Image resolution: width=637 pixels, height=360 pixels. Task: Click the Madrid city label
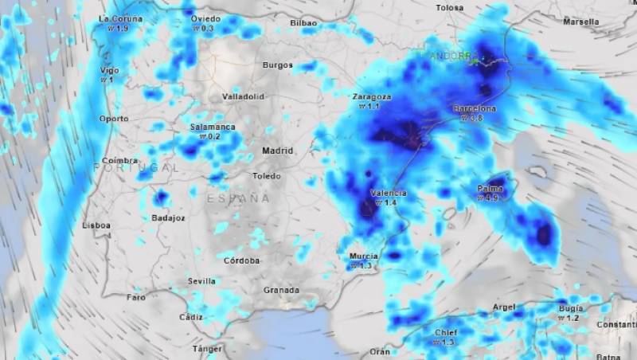click(x=278, y=151)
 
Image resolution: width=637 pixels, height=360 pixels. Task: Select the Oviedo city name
click(x=205, y=18)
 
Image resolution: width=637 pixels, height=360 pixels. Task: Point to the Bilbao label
click(x=303, y=23)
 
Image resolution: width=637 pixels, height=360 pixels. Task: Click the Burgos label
click(x=278, y=65)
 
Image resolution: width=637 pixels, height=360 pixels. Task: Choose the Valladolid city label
click(x=243, y=96)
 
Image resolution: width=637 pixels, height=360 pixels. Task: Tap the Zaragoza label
click(x=371, y=96)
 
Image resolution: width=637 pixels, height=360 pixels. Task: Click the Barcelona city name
click(x=475, y=108)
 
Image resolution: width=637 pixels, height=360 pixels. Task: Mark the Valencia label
click(x=389, y=193)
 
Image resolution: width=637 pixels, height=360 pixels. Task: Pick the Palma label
click(x=489, y=189)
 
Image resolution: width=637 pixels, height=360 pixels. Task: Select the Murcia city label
click(x=363, y=256)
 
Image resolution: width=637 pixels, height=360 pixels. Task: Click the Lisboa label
click(x=96, y=225)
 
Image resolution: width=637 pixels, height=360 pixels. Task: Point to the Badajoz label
click(x=168, y=217)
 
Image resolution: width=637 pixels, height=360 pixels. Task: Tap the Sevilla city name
click(x=202, y=280)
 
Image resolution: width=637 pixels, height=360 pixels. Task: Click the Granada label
click(x=281, y=290)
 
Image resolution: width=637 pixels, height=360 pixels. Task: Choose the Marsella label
click(x=581, y=22)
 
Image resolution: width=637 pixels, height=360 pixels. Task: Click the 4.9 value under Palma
click(x=494, y=198)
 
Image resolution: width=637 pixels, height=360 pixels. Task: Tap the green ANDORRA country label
click(x=447, y=57)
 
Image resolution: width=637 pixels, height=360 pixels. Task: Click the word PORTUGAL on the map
click(x=136, y=168)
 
